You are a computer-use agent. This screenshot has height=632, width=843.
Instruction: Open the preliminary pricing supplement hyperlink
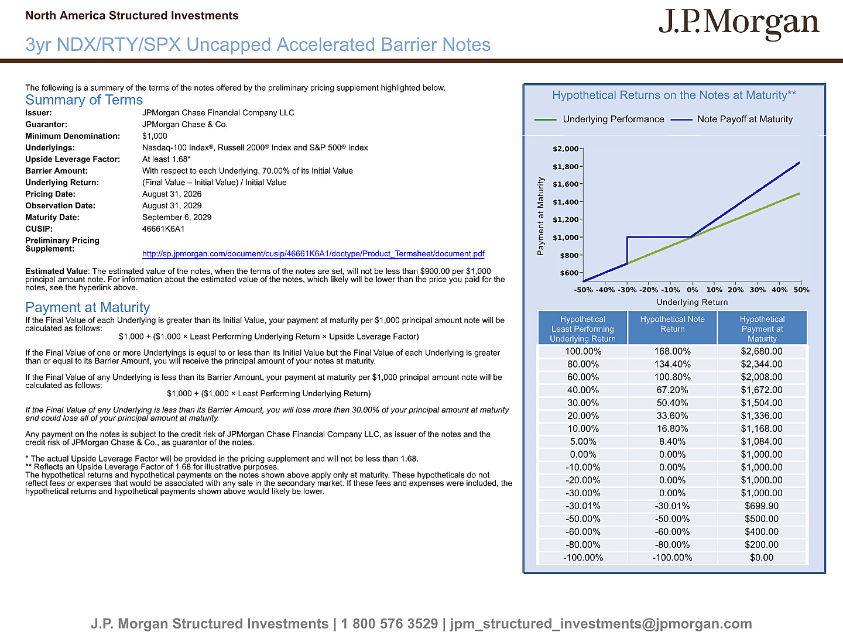[x=313, y=253]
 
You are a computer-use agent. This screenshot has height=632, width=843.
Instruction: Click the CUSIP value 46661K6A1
[x=163, y=229]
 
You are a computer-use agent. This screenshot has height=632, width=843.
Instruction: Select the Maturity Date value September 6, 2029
[x=177, y=217]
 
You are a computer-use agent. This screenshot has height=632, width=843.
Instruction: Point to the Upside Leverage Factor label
[x=73, y=159]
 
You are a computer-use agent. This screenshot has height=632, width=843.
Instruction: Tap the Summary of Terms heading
[x=84, y=99]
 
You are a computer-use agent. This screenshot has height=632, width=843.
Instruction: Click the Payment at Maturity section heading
[x=88, y=307]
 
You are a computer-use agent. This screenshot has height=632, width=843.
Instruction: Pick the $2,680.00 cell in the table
[x=762, y=352]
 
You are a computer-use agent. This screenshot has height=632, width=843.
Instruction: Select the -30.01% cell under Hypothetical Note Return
[x=672, y=506]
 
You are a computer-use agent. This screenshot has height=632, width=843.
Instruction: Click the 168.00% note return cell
[x=672, y=352]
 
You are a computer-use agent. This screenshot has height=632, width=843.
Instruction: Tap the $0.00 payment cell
[x=762, y=558]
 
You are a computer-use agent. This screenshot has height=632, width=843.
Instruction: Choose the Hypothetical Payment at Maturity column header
[x=762, y=329]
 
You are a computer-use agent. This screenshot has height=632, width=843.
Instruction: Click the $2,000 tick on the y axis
[x=566, y=149]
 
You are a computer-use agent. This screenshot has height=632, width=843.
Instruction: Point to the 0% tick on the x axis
[x=693, y=290]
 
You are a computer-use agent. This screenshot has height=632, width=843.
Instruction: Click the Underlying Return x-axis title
[x=692, y=303]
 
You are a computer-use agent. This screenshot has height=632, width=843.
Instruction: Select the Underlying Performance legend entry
[x=599, y=119]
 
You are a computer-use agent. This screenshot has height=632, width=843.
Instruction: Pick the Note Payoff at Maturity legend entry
[x=731, y=119]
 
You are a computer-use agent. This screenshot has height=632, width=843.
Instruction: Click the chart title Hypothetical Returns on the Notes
[x=674, y=95]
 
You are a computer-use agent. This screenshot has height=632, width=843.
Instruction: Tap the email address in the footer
[x=601, y=624]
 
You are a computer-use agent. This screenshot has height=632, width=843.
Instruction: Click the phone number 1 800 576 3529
[x=389, y=624]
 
